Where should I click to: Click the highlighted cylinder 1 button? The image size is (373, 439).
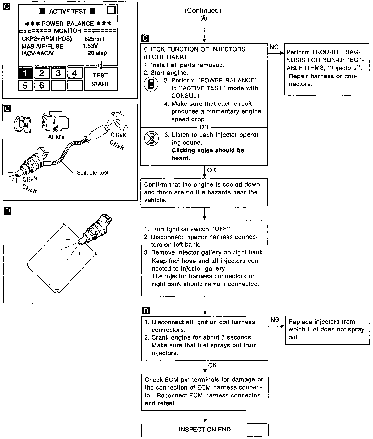[25, 73]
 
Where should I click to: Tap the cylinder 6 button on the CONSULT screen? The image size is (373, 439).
[42, 85]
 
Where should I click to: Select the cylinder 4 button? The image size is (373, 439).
[75, 73]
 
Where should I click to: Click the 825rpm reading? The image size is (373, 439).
[94, 39]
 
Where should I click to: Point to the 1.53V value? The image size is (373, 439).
[90, 46]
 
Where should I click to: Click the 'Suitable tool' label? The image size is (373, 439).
[92, 173]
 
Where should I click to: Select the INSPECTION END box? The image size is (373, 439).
[205, 430]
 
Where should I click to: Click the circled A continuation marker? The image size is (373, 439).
[204, 19]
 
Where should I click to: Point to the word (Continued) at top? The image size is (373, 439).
[203, 10]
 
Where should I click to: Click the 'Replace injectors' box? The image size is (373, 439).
[327, 330]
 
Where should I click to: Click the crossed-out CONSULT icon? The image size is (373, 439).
[151, 139]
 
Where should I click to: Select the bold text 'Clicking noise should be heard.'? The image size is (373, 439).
[208, 154]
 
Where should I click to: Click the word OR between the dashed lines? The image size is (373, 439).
[204, 127]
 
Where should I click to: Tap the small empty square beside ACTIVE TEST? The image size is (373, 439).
[111, 10]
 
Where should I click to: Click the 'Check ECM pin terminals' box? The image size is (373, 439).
[205, 391]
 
